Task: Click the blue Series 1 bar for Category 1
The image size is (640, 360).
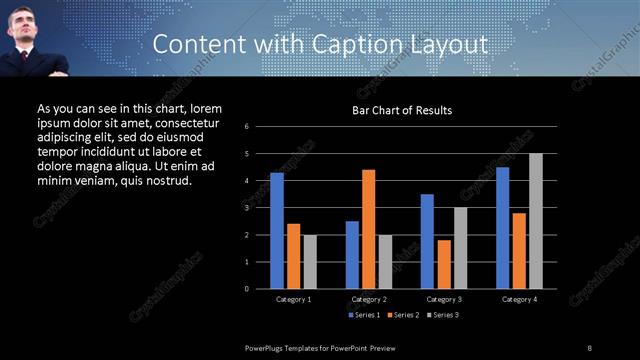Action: tap(277, 231)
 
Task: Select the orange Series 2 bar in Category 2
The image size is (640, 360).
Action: tap(369, 229)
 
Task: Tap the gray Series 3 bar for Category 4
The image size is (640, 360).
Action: tap(536, 221)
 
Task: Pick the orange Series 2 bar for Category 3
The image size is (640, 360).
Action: tap(444, 264)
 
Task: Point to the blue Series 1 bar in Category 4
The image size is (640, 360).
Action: tap(502, 228)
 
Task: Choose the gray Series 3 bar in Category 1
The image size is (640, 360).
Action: tap(310, 262)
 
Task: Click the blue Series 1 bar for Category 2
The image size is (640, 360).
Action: tap(352, 255)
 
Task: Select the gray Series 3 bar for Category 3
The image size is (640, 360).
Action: tap(460, 248)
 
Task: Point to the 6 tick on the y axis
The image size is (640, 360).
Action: tap(260, 127)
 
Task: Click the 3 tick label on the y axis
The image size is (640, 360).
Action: tap(260, 208)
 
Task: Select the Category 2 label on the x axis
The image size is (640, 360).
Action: tap(369, 299)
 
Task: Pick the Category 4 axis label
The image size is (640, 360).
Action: tap(519, 299)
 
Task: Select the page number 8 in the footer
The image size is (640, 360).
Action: tap(590, 347)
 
